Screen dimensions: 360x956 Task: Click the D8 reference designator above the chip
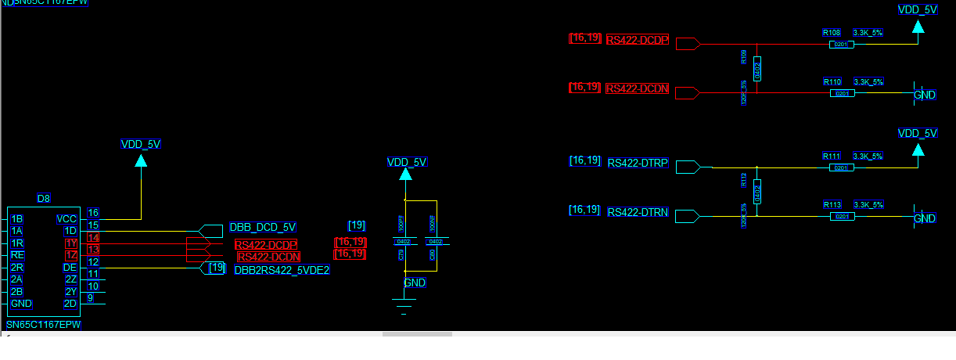click(x=44, y=199)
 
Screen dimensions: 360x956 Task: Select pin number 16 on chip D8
click(x=93, y=212)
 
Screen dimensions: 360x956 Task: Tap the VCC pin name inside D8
click(x=66, y=219)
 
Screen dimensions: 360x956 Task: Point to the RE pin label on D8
click(x=17, y=255)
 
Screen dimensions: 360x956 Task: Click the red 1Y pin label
click(x=71, y=243)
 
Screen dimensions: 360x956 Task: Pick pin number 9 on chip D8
click(x=91, y=297)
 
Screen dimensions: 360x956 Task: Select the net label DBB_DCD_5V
click(x=263, y=228)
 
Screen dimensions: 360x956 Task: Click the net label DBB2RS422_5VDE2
click(x=282, y=270)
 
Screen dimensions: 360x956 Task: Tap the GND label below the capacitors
click(x=415, y=283)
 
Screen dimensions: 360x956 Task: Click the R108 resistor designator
click(x=832, y=33)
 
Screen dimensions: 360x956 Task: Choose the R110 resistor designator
click(x=832, y=81)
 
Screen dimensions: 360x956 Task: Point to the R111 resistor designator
click(x=832, y=156)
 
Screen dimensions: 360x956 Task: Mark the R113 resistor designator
click(x=832, y=204)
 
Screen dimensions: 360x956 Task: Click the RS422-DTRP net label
click(x=638, y=163)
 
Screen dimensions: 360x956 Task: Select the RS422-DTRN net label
click(x=638, y=212)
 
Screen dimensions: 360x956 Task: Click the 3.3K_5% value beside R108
click(x=868, y=33)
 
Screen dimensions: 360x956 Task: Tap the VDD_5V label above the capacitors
click(x=407, y=162)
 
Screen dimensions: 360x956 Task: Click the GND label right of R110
click(x=925, y=94)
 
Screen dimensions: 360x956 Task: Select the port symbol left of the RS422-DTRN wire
click(x=686, y=215)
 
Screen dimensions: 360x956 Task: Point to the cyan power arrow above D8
click(x=141, y=160)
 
